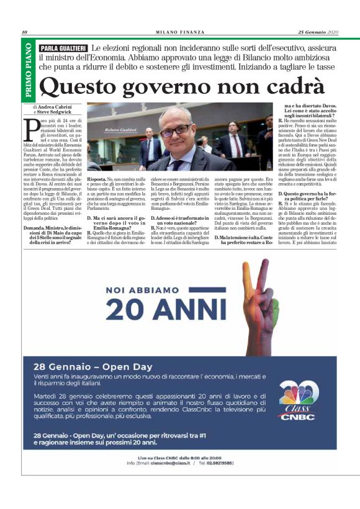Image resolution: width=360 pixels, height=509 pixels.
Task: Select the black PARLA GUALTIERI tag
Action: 63,48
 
